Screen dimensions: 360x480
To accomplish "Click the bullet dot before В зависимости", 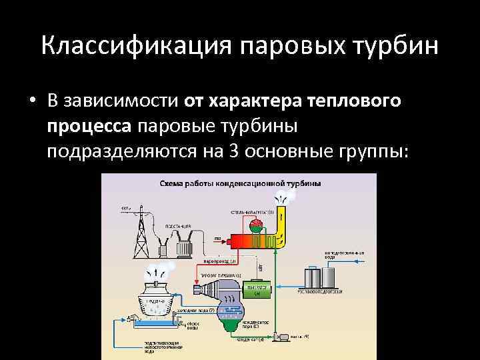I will [x=32, y=101].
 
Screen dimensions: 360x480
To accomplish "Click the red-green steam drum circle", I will [x=255, y=226].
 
